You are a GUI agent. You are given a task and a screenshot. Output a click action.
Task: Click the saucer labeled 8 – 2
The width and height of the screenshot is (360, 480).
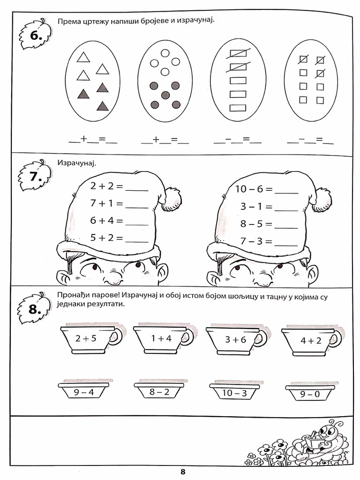pyautogui.click(x=159, y=391)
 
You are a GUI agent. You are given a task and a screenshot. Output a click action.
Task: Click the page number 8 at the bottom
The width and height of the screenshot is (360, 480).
pyautogui.click(x=183, y=472)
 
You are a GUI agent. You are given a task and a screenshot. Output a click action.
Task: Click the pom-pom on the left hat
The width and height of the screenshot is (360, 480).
pyautogui.click(x=171, y=199)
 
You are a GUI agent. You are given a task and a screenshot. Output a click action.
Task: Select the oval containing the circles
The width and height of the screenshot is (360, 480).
pyautogui.click(x=165, y=81)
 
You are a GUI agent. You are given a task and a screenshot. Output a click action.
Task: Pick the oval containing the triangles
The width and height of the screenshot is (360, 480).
pyautogui.click(x=92, y=81)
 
